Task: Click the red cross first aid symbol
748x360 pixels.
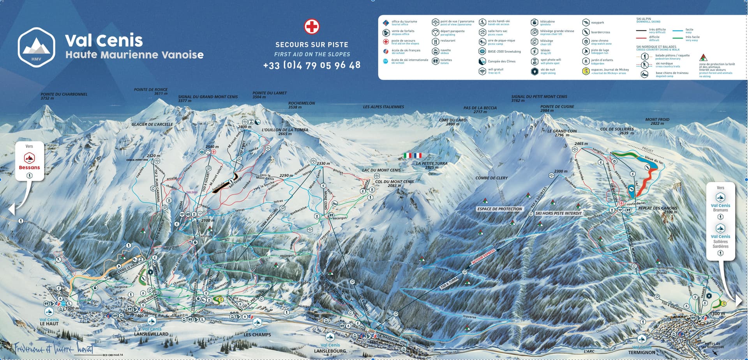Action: click(312, 26)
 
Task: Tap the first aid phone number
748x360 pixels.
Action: click(312, 65)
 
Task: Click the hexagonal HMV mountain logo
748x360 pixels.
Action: click(36, 47)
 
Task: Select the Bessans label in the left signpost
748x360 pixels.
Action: click(29, 168)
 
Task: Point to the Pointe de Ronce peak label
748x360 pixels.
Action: click(151, 91)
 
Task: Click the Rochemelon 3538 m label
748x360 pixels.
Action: click(302, 105)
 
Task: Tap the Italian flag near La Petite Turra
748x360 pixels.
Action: click(408, 155)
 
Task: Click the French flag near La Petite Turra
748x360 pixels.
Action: click(418, 155)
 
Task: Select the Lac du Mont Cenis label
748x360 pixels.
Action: click(381, 170)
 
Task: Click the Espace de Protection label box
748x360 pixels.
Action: click(499, 209)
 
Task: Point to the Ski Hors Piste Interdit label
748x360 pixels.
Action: click(558, 213)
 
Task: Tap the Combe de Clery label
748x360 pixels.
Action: click(491, 178)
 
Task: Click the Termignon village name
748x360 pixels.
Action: click(641, 352)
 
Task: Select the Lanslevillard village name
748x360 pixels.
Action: click(151, 334)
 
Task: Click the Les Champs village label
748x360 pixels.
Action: click(257, 334)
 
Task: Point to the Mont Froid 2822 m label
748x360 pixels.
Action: click(657, 121)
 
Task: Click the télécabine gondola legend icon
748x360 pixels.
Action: click(534, 23)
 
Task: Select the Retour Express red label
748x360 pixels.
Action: click(483, 257)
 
